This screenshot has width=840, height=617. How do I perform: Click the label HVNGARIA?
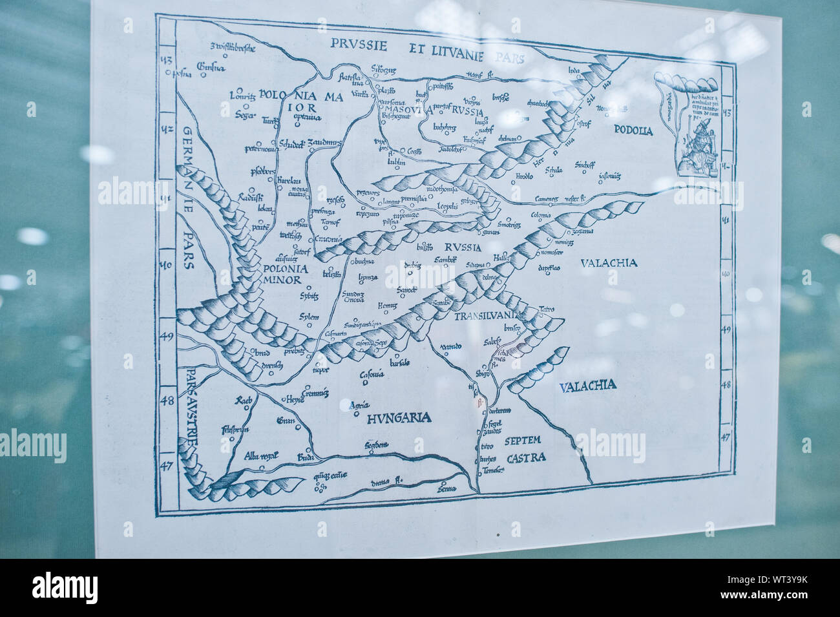[x=398, y=417]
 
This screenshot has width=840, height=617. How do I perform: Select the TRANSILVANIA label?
[x=487, y=316]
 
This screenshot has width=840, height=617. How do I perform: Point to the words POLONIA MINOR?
[x=282, y=275]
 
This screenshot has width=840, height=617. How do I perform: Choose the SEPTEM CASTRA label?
[x=526, y=449]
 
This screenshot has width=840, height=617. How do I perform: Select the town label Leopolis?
[x=444, y=205]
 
